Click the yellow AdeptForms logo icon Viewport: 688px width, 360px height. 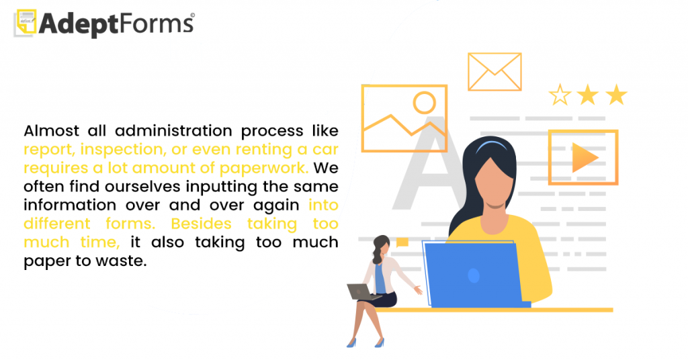26,22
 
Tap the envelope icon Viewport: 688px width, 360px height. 494,72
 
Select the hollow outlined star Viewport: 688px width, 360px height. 560,95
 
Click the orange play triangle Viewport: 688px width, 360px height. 584,158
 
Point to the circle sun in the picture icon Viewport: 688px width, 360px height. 425,103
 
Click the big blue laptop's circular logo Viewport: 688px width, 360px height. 474,275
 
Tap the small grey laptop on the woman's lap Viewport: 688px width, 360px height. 361,292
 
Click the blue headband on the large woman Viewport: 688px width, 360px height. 491,145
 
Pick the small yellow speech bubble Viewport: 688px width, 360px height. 402,242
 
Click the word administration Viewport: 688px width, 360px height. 173,131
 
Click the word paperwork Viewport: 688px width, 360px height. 263,169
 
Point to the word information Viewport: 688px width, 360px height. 70,206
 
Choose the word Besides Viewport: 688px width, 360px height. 201,224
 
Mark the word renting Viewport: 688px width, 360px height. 263,150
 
